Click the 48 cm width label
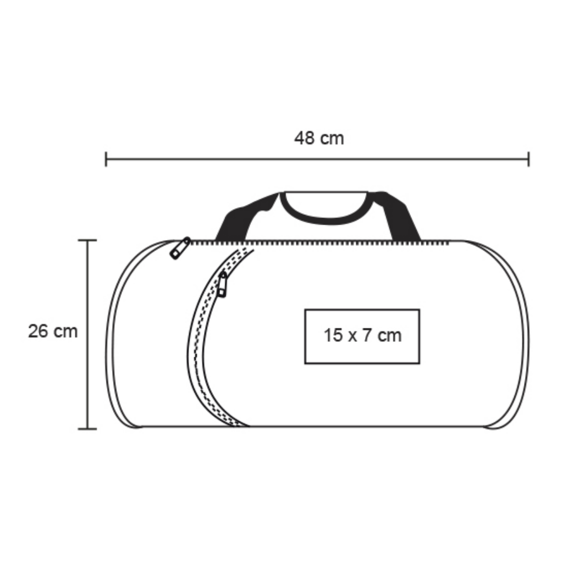pos(319,138)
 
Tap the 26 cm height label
pos(53,331)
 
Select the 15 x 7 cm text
pos(362,335)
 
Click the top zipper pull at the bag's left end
pos(180,248)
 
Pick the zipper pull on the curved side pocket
pos(223,284)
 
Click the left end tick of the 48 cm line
pos(106,159)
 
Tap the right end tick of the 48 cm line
pos(528,159)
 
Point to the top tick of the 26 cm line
pos(87,240)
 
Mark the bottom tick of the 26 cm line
pos(87,429)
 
